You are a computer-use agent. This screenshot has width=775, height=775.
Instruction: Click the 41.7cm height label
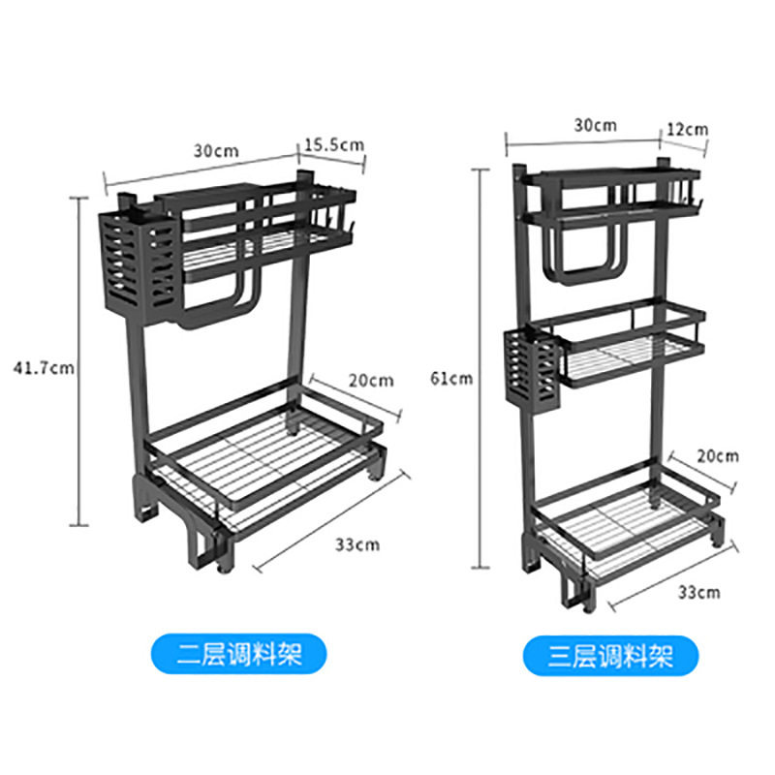pos(44,368)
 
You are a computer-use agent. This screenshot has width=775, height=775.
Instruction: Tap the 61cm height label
pos(451,379)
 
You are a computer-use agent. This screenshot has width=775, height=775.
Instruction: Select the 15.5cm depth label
pos(334,145)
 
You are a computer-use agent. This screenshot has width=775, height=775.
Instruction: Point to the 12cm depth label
pos(688,130)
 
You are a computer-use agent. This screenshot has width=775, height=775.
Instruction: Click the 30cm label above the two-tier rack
pos(216,151)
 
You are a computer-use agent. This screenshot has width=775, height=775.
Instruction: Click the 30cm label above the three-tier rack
pos(595,126)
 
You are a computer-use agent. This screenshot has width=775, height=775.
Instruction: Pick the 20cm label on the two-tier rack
pos(371,381)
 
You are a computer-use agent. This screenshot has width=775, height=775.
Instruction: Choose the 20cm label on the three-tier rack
pos(718,455)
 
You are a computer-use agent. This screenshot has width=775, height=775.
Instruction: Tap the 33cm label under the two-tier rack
pos(357,544)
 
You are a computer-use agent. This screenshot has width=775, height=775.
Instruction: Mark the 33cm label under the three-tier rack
pos(698,592)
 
